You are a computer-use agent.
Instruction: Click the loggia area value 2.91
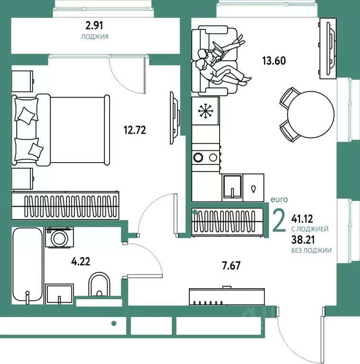(x=94, y=26)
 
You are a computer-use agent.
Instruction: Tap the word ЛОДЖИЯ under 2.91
(x=94, y=36)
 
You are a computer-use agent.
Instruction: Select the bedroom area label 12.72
(x=135, y=130)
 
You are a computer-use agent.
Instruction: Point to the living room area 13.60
(x=274, y=61)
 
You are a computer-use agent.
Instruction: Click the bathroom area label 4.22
(x=81, y=262)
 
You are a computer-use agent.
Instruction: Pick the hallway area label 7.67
(x=231, y=265)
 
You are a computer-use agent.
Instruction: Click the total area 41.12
(x=302, y=218)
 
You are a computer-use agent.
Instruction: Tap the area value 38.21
(x=303, y=239)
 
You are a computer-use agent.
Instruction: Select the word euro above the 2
(x=279, y=200)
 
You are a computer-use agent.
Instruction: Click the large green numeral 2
(x=279, y=220)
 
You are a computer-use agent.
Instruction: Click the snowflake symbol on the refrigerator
(x=205, y=111)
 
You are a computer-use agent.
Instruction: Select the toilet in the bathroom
(x=100, y=284)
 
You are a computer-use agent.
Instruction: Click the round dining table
(x=311, y=114)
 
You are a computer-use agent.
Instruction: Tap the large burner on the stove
(x=198, y=157)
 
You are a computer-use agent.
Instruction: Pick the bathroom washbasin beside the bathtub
(x=59, y=294)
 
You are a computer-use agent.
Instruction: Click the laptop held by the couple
(x=218, y=51)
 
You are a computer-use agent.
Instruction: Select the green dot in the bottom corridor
(x=114, y=323)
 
